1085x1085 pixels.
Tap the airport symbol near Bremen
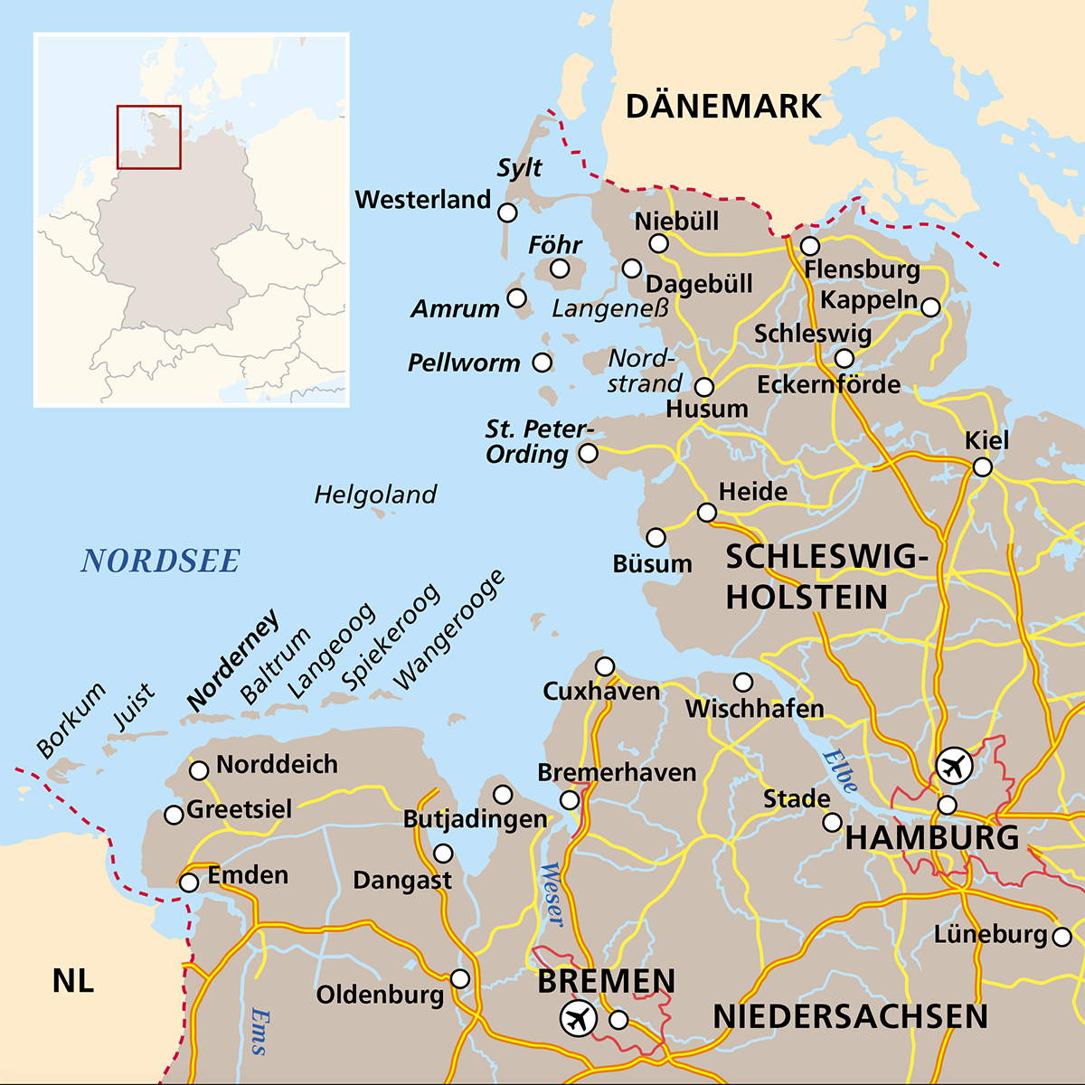coord(579,1019)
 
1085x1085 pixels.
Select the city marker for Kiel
coord(982,467)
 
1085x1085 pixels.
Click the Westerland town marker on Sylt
coord(508,212)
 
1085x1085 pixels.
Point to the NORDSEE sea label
coord(160,561)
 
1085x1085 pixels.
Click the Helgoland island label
coord(375,495)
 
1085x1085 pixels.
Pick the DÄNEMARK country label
coord(723,107)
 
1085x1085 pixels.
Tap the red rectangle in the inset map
coord(149,137)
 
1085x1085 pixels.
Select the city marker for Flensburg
coord(810,246)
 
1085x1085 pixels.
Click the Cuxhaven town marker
coord(605,666)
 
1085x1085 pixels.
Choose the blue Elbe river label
coord(839,771)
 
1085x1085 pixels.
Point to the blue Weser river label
coord(551,894)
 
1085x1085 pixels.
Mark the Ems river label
coord(259,1031)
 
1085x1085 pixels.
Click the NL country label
coord(73,980)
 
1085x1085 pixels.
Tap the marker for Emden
coord(189,882)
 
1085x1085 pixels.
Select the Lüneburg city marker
coord(1062,936)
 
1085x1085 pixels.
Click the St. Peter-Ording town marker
coord(589,453)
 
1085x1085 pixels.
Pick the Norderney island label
coord(232,661)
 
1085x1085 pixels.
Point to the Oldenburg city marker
coord(460,979)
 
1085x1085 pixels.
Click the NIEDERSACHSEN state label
coord(850,1016)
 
